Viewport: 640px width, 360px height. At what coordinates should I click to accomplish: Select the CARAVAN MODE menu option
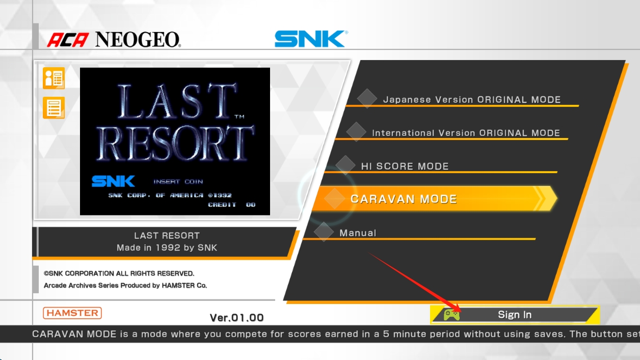(x=434, y=199)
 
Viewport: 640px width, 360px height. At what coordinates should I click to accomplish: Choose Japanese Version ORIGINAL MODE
(x=472, y=100)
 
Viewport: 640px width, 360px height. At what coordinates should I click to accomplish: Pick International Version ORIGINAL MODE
(x=466, y=133)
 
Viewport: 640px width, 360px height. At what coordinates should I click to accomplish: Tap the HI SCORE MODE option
(x=405, y=166)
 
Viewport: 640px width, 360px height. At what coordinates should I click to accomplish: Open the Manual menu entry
(x=358, y=233)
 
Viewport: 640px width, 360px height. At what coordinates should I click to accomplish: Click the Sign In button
(x=515, y=315)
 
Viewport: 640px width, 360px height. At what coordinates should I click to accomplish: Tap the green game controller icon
(x=451, y=315)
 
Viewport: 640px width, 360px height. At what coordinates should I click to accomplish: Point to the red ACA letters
(x=68, y=40)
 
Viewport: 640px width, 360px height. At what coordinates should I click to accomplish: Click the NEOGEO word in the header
(x=138, y=39)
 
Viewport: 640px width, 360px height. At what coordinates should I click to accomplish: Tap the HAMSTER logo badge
(x=72, y=313)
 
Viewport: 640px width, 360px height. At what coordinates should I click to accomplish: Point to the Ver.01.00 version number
(x=236, y=318)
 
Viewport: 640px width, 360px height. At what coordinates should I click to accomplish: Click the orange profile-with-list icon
(x=54, y=78)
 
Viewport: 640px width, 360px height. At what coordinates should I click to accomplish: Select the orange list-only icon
(x=54, y=107)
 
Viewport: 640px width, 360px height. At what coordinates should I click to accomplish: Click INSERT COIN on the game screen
(x=178, y=182)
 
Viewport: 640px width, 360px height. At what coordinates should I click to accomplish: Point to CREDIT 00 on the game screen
(x=232, y=205)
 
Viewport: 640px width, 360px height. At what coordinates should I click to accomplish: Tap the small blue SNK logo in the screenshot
(x=113, y=181)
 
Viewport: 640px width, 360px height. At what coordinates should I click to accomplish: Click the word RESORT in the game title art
(x=175, y=144)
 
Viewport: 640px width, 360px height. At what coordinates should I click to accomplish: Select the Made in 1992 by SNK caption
(x=167, y=247)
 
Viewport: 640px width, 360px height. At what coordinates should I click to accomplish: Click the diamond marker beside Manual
(x=324, y=232)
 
